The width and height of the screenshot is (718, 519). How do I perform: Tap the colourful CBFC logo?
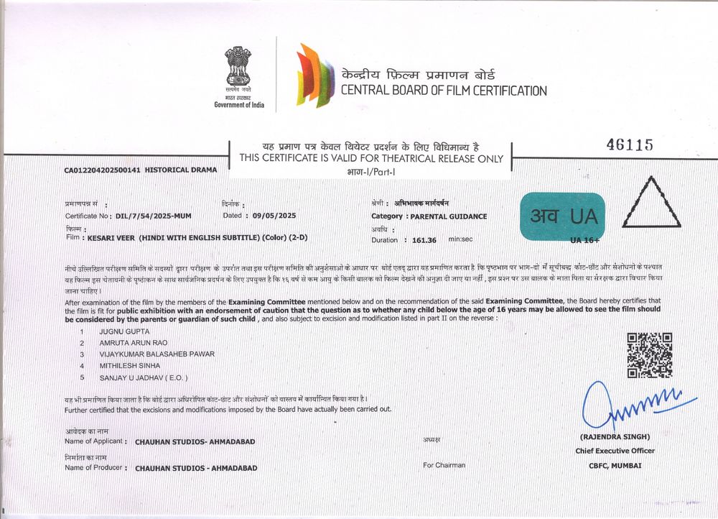[315, 75]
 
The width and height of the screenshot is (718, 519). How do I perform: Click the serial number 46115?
[630, 144]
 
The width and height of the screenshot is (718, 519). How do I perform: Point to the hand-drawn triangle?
[651, 204]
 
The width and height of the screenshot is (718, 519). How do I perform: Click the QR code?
[649, 355]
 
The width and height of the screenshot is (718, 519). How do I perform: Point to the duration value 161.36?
[424, 240]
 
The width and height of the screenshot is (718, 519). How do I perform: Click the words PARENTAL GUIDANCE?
[449, 216]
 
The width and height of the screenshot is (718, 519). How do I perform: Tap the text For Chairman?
[444, 465]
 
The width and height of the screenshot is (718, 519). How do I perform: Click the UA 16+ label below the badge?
[584, 239]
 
